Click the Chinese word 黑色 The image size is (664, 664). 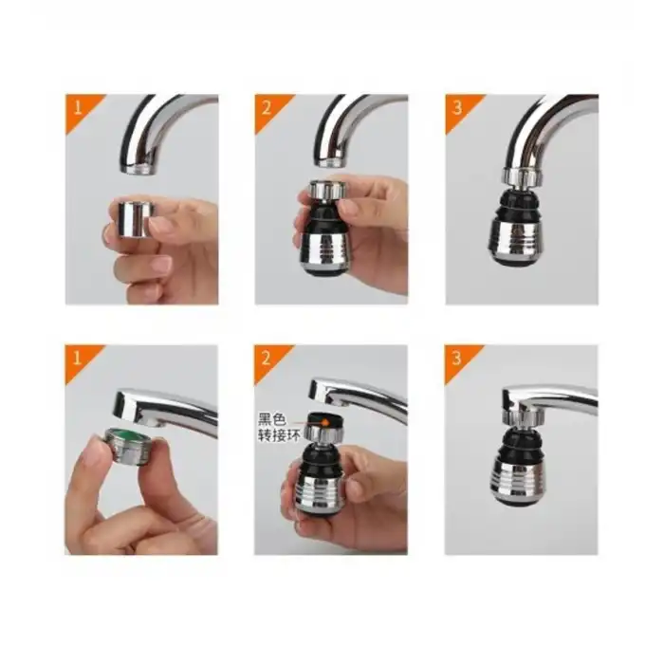pos(272,418)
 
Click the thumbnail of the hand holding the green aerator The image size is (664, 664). pos(141,450)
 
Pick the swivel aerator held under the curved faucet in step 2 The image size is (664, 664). pos(327,228)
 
